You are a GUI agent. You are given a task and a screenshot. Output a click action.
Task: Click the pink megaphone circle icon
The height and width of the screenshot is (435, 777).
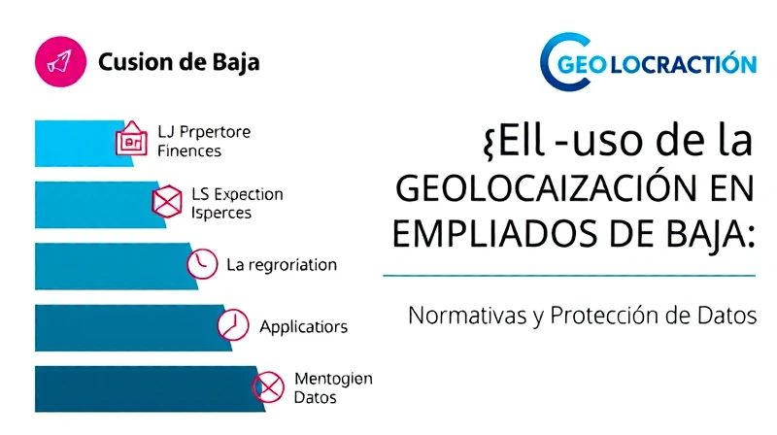[60, 62]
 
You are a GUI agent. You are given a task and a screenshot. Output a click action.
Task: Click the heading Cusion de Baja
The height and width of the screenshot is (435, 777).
[179, 63]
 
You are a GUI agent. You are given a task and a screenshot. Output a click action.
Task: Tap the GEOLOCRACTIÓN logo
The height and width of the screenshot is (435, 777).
[648, 62]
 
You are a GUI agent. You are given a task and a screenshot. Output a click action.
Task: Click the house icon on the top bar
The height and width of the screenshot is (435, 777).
[131, 139]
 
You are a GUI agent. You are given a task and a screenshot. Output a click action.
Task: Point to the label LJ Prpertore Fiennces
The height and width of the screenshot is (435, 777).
[204, 141]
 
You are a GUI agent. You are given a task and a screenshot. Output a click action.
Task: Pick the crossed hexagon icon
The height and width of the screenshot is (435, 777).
[167, 202]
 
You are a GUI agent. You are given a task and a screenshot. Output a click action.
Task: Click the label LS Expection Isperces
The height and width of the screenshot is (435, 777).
[237, 203]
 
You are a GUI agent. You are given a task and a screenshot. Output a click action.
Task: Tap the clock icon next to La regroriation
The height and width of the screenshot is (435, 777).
[202, 263]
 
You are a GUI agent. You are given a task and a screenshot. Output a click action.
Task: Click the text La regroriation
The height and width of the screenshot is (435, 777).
[282, 265]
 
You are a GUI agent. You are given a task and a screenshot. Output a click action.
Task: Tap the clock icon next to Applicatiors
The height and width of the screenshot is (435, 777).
[233, 325]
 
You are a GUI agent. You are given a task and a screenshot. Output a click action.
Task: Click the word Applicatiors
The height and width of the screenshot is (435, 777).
[304, 327]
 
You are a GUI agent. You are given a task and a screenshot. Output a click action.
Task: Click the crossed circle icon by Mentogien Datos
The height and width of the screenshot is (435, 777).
[268, 387]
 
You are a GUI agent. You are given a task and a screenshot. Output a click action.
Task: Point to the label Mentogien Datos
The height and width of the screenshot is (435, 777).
[333, 388]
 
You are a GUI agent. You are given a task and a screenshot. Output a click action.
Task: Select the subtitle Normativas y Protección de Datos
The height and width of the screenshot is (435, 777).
[583, 316]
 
